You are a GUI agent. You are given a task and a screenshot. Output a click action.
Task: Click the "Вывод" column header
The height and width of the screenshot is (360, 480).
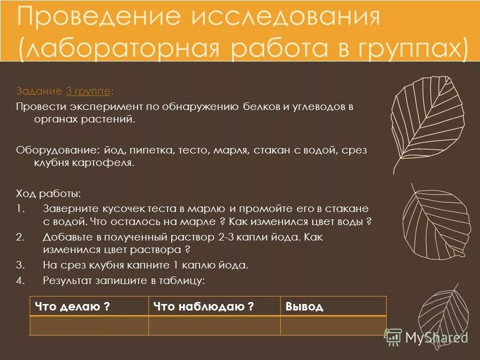point(304,306)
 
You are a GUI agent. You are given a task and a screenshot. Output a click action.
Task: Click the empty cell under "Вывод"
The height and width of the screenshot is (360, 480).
point(333,325)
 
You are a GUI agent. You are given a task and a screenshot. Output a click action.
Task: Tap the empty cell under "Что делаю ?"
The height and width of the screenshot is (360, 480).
point(89,325)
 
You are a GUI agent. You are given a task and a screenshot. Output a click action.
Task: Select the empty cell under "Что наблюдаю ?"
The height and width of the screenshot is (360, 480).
point(214,325)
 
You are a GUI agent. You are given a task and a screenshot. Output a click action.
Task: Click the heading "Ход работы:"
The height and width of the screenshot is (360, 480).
point(48,193)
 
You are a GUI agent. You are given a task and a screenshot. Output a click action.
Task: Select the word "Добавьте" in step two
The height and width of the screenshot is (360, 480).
point(67,236)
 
